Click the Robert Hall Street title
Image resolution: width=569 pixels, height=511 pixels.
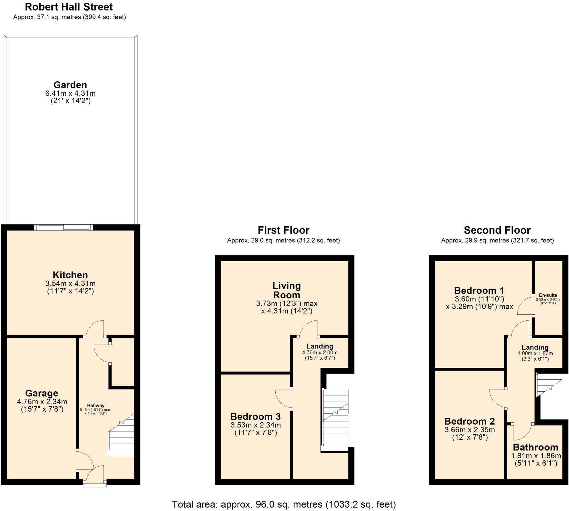[x=69, y=7]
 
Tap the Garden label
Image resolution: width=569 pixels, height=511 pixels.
[x=70, y=85]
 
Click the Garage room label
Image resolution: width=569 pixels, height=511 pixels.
[x=42, y=393]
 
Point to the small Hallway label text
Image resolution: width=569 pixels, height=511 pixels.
[x=96, y=405]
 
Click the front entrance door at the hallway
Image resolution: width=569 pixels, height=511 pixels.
[x=95, y=475]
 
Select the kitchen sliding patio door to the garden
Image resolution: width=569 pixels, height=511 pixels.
[x=63, y=227]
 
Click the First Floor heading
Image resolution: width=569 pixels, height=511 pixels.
[x=283, y=230]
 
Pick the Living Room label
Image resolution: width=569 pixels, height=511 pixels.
[x=286, y=290]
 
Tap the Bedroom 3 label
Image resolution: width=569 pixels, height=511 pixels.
[x=255, y=416]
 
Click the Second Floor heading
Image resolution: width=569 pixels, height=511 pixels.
[x=497, y=230]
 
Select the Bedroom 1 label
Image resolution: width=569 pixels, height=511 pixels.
[x=479, y=290]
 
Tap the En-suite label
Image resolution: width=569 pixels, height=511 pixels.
[x=548, y=295]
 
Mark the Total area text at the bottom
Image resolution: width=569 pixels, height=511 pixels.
[x=284, y=504]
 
